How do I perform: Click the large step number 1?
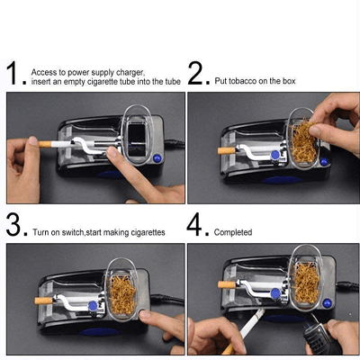point(13,73)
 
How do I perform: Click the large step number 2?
point(195,73)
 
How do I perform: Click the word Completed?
point(233,232)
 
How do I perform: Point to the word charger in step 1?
point(130,73)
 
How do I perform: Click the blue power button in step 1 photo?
point(157,158)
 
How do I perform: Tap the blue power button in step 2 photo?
point(324,162)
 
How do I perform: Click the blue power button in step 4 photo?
point(327,303)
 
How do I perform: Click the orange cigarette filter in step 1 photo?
point(45,144)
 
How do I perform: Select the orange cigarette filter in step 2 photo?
point(226,150)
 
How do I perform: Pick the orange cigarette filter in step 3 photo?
point(43,301)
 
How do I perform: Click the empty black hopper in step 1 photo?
point(137,140)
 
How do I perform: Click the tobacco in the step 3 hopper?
point(122,294)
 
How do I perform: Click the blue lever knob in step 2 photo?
point(275,155)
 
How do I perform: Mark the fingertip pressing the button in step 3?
point(145,314)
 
